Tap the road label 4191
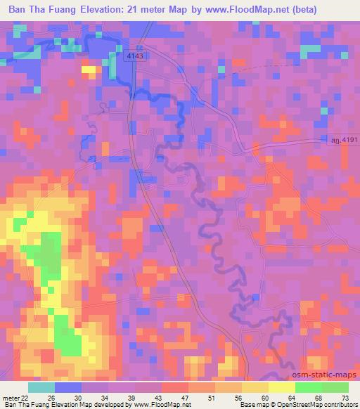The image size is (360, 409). pos(345,141)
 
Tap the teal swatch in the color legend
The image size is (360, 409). pos(41,387)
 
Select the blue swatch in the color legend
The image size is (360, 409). pos(67,387)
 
